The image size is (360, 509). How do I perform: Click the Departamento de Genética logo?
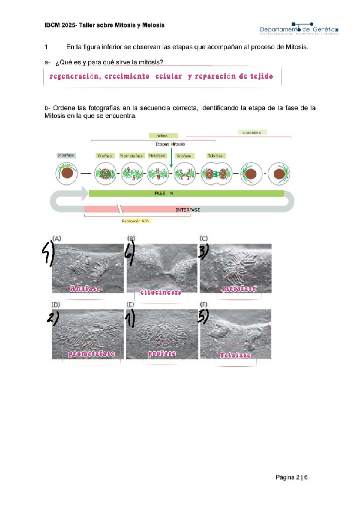pyautogui.click(x=299, y=29)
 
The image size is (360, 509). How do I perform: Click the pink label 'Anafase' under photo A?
pyautogui.click(x=85, y=288)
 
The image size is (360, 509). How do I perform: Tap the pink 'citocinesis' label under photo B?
pyautogui.click(x=161, y=292)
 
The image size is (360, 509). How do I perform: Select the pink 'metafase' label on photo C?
pyautogui.click(x=239, y=289)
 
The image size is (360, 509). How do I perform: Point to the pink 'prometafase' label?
pyautogui.click(x=91, y=354)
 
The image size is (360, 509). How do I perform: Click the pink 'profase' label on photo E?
pyautogui.click(x=162, y=353)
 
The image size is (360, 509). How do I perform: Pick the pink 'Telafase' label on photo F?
pyautogui.click(x=235, y=355)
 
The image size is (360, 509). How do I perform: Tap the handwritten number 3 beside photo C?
pyautogui.click(x=203, y=252)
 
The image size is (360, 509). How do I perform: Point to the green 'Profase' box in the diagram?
pyautogui.click(x=105, y=156)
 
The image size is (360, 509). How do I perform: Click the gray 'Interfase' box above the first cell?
pyautogui.click(x=66, y=155)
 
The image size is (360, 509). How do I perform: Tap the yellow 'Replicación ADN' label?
pyautogui.click(x=136, y=221)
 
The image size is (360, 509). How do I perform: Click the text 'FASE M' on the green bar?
pyautogui.click(x=163, y=193)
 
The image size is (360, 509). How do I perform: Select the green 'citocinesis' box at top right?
pyautogui.click(x=252, y=132)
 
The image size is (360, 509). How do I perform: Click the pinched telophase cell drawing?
pyautogui.click(x=216, y=174)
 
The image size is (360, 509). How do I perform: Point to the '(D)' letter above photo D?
pyautogui.click(x=56, y=305)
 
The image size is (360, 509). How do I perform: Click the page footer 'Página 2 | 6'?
pyautogui.click(x=292, y=477)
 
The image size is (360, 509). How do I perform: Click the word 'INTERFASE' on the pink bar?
pyautogui.click(x=188, y=210)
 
